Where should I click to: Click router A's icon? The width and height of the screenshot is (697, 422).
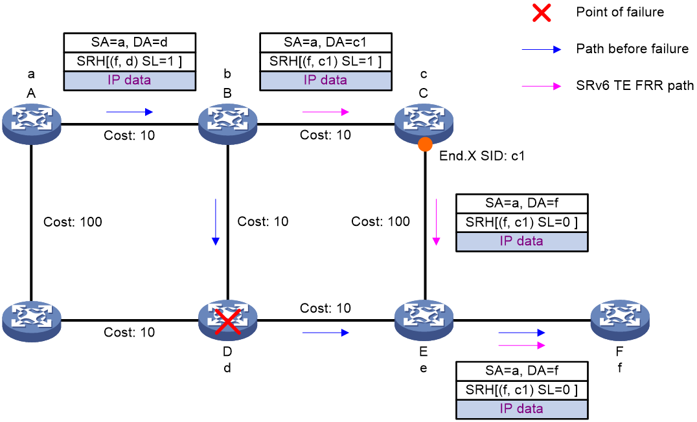(x=31, y=124)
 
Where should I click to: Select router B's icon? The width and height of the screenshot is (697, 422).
(x=227, y=124)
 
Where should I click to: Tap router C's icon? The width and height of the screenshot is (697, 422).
(x=424, y=124)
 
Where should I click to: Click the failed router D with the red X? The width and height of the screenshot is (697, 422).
(x=227, y=321)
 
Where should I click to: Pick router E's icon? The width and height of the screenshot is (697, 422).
(x=424, y=321)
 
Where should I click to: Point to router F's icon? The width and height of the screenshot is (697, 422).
(x=620, y=321)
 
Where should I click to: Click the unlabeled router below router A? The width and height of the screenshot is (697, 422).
(x=31, y=321)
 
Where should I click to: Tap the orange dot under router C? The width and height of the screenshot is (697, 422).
(x=425, y=144)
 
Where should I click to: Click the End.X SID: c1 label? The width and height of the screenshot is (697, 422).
(x=482, y=156)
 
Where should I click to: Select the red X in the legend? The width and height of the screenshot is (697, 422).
(x=542, y=12)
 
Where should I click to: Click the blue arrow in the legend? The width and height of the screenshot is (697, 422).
(x=542, y=49)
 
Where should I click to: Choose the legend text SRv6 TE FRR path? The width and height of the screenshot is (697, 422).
(x=635, y=85)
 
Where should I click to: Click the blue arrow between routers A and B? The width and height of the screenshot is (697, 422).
(x=130, y=112)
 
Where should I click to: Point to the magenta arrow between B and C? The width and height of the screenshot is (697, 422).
(x=325, y=112)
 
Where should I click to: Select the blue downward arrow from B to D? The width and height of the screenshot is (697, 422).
(x=216, y=222)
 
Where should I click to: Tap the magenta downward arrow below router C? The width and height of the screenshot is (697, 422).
(x=436, y=222)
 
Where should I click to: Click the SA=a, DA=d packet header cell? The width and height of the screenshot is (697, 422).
(x=130, y=42)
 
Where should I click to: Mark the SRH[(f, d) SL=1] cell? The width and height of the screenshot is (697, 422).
(x=130, y=61)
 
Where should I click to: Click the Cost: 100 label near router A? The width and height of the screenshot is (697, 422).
(x=73, y=221)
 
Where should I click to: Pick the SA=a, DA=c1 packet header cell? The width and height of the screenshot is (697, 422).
(x=326, y=42)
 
